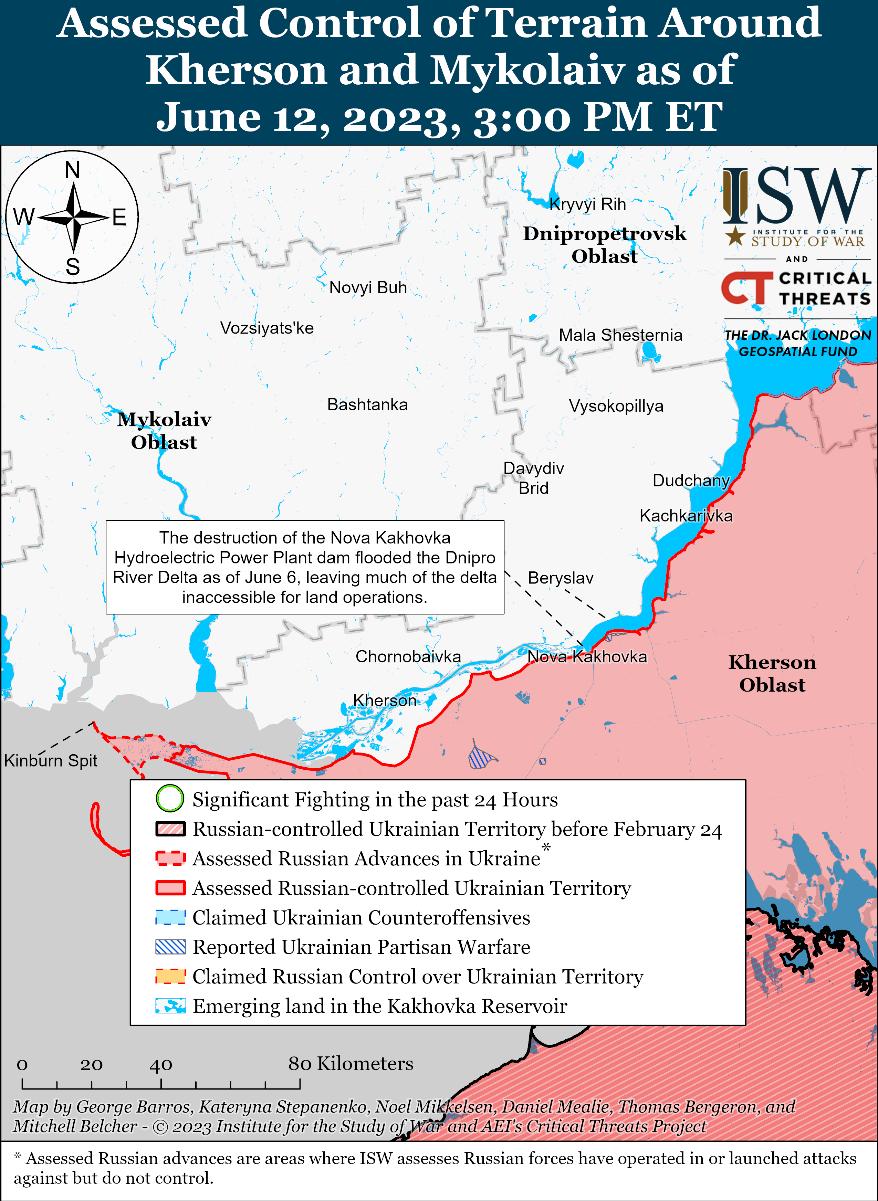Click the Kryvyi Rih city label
click(587, 204)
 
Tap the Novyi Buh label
click(368, 287)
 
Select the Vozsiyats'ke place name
click(267, 328)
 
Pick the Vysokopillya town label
click(616, 406)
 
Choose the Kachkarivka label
click(686, 515)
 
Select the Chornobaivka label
click(408, 656)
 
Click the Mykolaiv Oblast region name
click(164, 430)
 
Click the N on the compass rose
click(72, 170)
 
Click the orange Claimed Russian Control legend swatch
click(170, 976)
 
